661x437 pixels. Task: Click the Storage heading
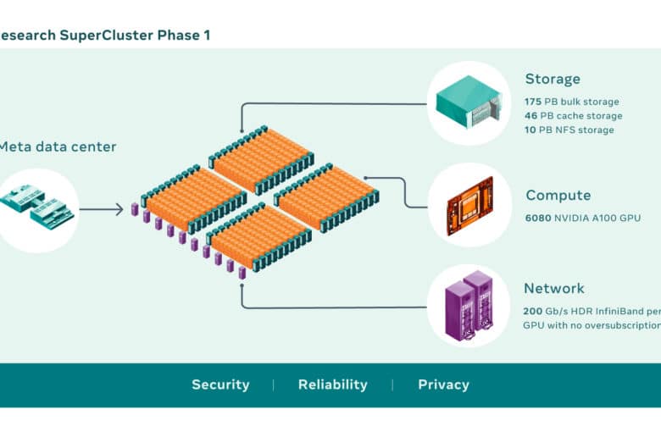click(x=553, y=80)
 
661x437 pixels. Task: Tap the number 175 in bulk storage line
click(x=533, y=102)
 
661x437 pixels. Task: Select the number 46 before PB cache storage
click(x=531, y=115)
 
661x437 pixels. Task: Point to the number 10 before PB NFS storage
click(x=530, y=130)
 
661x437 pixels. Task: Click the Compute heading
click(x=558, y=196)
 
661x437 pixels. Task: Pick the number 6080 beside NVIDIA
click(x=538, y=218)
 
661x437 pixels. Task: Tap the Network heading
click(x=554, y=288)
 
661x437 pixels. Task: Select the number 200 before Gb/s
click(x=532, y=312)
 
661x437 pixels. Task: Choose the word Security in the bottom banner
click(x=220, y=384)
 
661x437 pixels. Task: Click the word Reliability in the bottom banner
click(x=332, y=384)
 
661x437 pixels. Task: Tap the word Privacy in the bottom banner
click(x=443, y=384)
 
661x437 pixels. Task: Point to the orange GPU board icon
click(x=470, y=206)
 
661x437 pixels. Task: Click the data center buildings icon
click(x=37, y=206)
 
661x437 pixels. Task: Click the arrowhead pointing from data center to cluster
click(x=119, y=209)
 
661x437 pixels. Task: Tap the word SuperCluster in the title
click(x=106, y=35)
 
